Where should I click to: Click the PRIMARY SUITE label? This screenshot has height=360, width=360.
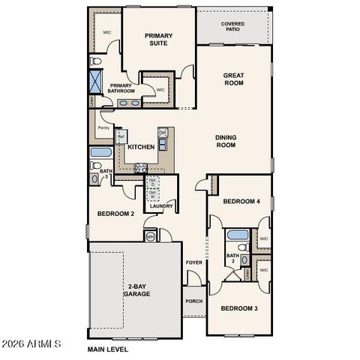[159, 39]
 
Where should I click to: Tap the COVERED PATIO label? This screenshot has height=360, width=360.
[232, 27]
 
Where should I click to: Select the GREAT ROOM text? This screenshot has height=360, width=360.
[234, 79]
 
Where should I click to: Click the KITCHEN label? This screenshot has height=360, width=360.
[140, 147]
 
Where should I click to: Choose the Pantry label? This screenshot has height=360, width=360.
[103, 127]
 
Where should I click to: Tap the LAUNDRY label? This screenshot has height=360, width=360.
[161, 206]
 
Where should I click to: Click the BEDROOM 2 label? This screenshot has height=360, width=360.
[115, 214]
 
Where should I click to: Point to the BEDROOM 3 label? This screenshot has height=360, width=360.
[238, 308]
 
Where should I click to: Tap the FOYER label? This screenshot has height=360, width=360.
[194, 262]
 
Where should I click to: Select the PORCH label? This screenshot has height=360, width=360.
[193, 301]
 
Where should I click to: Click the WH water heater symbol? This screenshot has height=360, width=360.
[150, 236]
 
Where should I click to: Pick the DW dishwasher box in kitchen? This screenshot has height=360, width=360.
[162, 133]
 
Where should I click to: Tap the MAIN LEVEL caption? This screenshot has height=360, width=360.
[108, 349]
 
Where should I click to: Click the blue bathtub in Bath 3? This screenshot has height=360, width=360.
[100, 154]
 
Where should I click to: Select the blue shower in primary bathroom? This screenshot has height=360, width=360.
[97, 79]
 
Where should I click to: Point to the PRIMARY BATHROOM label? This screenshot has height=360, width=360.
[122, 88]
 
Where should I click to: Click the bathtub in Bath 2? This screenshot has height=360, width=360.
[238, 234]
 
